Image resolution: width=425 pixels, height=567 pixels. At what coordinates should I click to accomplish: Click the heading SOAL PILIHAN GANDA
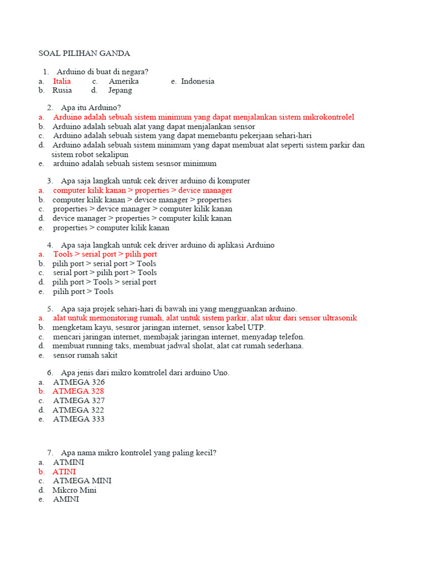84,53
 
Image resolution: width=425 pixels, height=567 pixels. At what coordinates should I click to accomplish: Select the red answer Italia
62,81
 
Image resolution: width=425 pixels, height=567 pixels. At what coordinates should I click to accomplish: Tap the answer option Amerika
123,81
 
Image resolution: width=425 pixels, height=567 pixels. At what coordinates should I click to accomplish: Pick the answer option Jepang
120,90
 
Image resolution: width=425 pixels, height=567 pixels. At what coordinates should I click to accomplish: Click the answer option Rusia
63,90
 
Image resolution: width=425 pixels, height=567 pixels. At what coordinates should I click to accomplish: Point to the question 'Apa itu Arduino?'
91,107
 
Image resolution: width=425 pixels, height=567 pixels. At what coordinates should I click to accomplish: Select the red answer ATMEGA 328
78,391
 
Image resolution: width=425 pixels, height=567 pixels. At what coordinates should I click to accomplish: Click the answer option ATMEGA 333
79,419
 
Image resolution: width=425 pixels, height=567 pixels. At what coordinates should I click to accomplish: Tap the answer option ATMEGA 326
79,382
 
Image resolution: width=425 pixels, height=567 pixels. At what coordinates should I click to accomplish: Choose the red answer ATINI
64,472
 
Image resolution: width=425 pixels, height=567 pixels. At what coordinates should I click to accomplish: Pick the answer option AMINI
66,499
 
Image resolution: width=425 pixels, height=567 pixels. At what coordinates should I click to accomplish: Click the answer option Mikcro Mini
74,490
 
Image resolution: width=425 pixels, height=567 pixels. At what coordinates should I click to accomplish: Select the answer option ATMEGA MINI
82,481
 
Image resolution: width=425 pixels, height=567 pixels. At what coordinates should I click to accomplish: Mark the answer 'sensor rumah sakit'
85,355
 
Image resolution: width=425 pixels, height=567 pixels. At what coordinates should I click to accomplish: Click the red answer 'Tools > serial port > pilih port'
105,254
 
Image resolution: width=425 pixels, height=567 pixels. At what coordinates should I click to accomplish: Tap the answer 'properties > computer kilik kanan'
111,228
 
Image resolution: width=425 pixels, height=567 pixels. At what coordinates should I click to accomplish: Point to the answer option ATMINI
69,462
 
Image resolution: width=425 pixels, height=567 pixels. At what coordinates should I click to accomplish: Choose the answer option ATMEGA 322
78,410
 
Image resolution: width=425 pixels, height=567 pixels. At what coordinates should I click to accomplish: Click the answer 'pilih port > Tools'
83,291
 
